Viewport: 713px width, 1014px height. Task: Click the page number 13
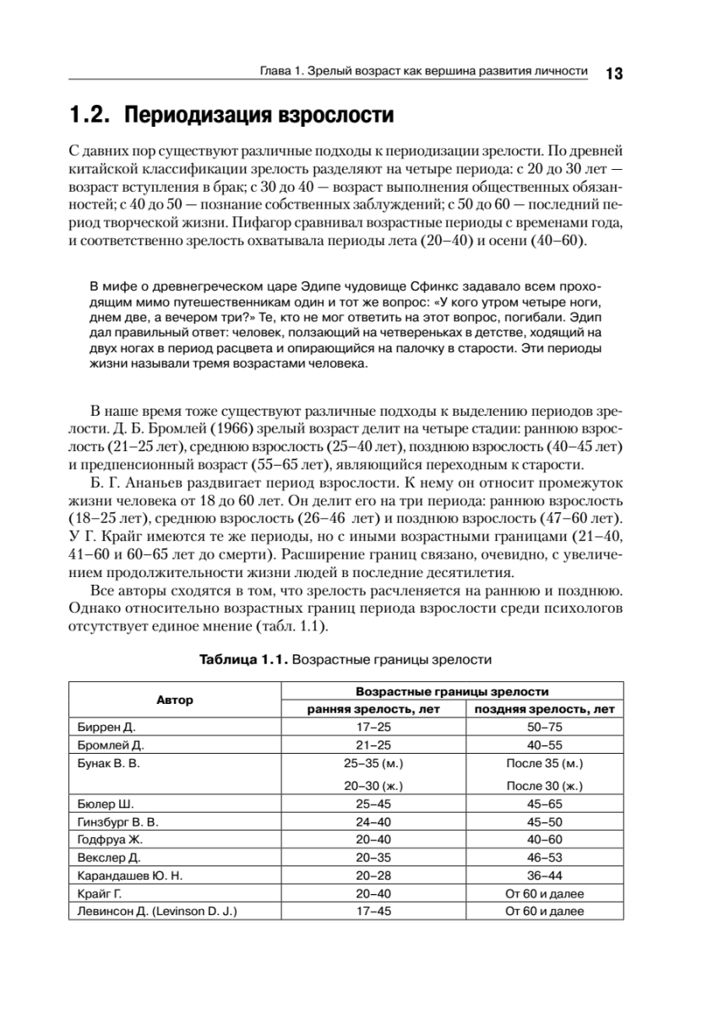coord(613,74)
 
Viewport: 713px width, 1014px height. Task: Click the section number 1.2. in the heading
coord(90,115)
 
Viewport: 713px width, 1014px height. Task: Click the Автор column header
coord(174,700)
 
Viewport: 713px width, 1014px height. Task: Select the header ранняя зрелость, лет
coord(373,709)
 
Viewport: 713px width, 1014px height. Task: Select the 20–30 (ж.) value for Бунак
coord(373,786)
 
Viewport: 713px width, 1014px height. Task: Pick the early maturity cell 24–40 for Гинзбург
coord(373,821)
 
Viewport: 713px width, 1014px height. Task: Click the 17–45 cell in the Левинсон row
coord(373,911)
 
